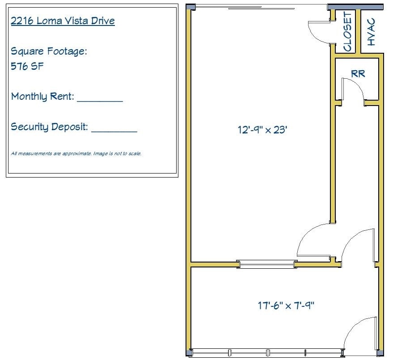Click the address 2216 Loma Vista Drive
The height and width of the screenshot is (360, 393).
tap(63, 21)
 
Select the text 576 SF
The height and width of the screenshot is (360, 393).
tap(27, 67)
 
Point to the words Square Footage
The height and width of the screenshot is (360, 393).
tap(48, 51)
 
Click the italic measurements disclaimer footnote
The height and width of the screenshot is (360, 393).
tap(76, 153)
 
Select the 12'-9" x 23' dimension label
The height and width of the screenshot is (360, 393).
tap(262, 130)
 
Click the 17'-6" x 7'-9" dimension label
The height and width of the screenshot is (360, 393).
tap(286, 306)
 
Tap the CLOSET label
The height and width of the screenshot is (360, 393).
tap(347, 32)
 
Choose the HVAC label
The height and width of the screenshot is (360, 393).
tap(371, 32)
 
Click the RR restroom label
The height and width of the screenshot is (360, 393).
tap(358, 74)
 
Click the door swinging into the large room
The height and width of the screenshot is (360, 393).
tap(313, 239)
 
